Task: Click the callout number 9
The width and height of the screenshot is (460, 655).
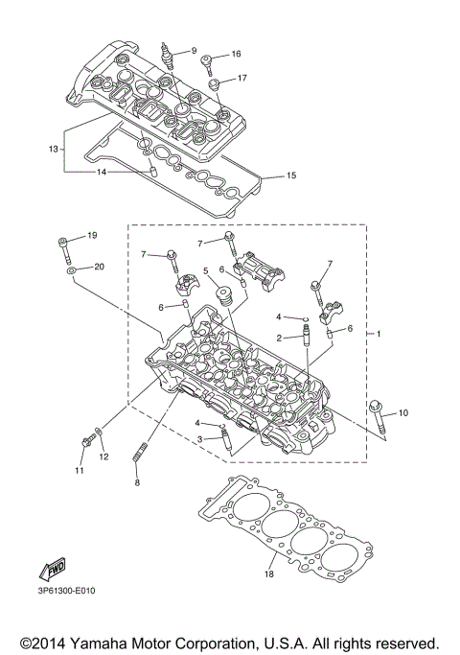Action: click(x=193, y=51)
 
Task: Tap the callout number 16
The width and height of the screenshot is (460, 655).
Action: click(x=236, y=55)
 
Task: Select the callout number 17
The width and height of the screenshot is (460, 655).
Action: click(x=242, y=79)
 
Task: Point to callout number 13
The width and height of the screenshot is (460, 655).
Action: click(x=55, y=149)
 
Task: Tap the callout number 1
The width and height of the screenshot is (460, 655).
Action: click(x=379, y=334)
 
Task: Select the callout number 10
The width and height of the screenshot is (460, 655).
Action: click(x=403, y=412)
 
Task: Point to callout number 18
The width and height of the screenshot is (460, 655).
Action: click(x=268, y=575)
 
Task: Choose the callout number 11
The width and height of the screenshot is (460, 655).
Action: click(x=81, y=470)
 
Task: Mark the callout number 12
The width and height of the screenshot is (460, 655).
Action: click(x=103, y=457)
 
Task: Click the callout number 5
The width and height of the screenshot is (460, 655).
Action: click(x=205, y=271)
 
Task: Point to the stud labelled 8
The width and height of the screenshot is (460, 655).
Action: click(x=145, y=452)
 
